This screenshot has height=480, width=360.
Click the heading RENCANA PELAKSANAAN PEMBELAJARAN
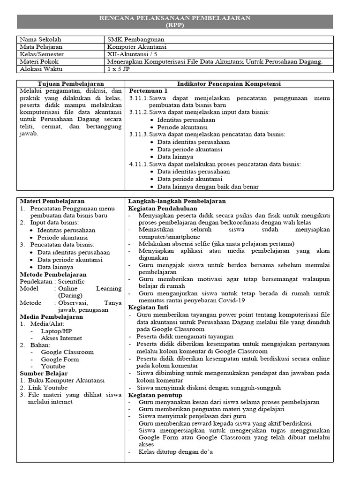(175, 18)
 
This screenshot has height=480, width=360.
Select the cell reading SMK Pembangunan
(135, 39)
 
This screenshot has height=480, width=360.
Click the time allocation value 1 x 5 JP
(119, 69)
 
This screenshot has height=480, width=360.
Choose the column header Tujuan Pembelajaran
(69, 83)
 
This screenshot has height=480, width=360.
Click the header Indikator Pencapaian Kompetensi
(229, 83)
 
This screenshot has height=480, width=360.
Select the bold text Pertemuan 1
(148, 90)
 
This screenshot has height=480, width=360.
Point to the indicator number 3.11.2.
(138, 112)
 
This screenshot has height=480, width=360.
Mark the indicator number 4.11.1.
(138, 164)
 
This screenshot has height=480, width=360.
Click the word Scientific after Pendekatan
(71, 281)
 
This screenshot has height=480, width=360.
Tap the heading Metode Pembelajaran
(53, 274)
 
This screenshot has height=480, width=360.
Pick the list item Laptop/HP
(57, 331)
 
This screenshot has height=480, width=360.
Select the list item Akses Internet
(61, 338)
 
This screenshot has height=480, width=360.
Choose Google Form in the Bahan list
(60, 359)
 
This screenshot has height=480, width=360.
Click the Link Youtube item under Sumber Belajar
(47, 388)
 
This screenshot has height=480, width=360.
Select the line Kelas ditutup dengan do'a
(176, 452)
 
